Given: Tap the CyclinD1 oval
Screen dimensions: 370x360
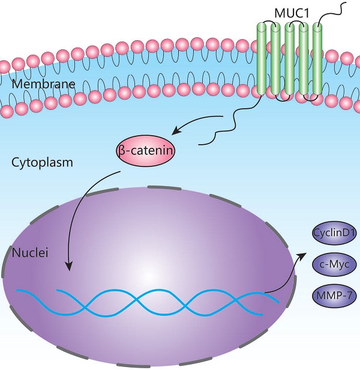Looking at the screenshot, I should pos(334,233).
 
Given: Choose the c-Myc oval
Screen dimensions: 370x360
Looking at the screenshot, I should pos(334,264).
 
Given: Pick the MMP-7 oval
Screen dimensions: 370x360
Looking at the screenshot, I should pos(334,295).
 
